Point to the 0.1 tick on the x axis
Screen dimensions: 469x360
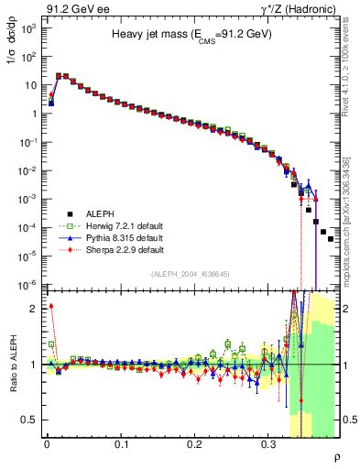[x=121, y=443]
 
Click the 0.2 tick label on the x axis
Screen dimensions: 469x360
[x=194, y=443]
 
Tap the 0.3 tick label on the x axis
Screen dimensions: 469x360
[x=268, y=443]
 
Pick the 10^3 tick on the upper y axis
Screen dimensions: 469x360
[x=28, y=28]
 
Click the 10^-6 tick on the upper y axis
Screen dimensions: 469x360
[x=28, y=285]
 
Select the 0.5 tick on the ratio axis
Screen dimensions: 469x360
[x=29, y=420]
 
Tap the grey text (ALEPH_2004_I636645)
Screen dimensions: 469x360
[x=191, y=272]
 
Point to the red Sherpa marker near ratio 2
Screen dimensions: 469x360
[x=51, y=306]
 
